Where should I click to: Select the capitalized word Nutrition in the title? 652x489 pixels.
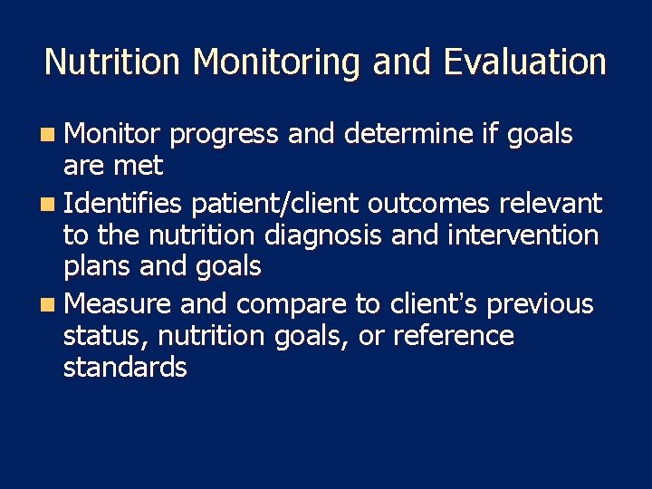pos(114,62)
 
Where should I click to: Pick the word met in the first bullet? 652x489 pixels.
pos(139,167)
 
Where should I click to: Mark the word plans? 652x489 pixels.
pos(97,268)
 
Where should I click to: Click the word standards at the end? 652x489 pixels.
pos(125,368)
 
